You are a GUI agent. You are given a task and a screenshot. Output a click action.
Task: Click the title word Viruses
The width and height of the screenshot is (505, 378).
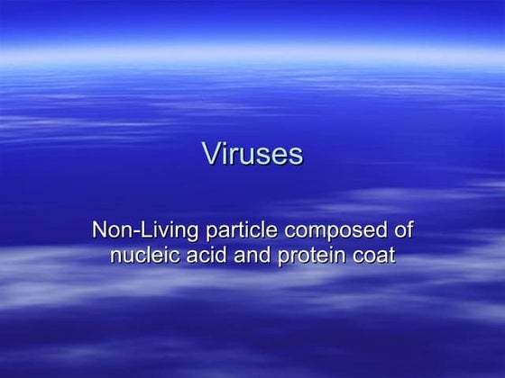252,155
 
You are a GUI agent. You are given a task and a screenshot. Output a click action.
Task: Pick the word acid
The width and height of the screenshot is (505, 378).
207,256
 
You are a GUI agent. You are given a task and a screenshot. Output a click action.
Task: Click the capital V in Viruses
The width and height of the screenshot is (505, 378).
211,154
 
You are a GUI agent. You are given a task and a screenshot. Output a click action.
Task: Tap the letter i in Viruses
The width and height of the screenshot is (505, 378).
225,154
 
